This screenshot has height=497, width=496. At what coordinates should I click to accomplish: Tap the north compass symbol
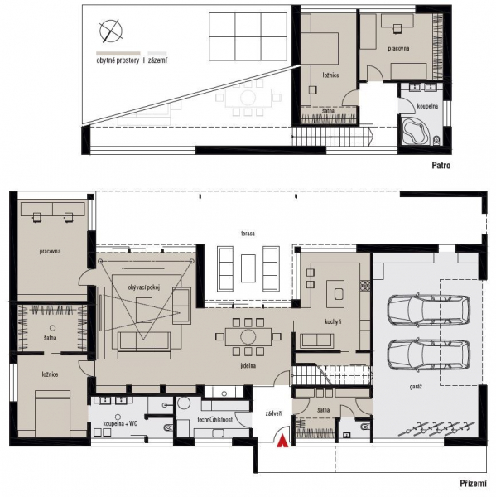pos(111,31)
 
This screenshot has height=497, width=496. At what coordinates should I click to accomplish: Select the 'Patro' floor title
pos(441,165)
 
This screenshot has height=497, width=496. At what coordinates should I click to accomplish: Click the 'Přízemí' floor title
pos(473,484)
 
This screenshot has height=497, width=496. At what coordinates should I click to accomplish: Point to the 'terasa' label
pos(248,234)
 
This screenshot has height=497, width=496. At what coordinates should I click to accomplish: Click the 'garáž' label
pos(416,387)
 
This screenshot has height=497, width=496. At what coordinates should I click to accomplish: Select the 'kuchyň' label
pos(333,321)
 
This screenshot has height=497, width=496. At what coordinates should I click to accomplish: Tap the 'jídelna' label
pos(248,365)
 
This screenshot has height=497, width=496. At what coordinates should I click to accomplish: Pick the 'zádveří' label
pos(274,413)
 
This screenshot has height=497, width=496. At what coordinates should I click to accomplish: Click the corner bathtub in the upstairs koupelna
pos(415,131)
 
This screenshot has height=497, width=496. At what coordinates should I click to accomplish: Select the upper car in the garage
pos(428,311)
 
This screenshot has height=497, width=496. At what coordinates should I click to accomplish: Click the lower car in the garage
pos(428,355)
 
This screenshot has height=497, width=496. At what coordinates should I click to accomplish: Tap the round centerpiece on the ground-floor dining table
pos(248,336)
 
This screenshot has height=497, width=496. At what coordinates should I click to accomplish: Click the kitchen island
pos(335,293)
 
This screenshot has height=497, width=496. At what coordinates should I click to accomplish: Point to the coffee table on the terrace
pos(248,268)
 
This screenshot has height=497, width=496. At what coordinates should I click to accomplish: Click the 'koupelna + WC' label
pos(120,423)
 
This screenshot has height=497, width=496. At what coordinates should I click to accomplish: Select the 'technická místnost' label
pos(215,420)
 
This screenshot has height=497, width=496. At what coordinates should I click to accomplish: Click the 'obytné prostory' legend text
pos(118,60)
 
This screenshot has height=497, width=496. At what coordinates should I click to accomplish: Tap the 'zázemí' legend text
pos(157,60)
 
